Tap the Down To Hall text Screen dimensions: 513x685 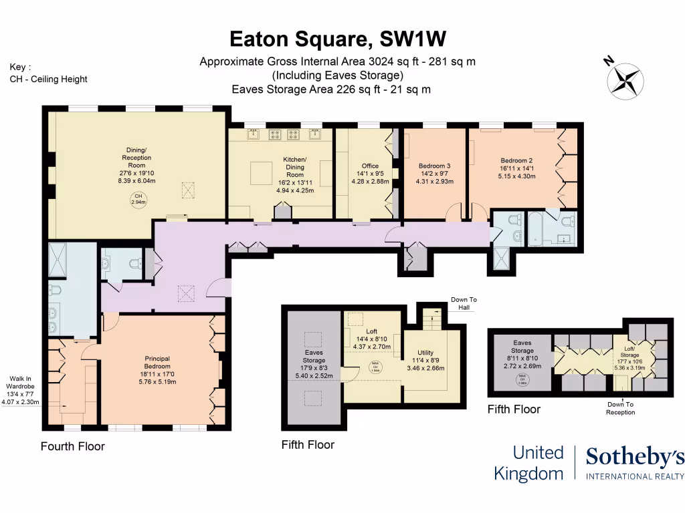[464, 303]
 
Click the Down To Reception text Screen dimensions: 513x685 [619, 408]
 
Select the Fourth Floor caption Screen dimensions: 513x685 [73, 446]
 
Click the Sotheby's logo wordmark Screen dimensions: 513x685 [634, 458]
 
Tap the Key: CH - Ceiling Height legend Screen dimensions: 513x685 [48, 73]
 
